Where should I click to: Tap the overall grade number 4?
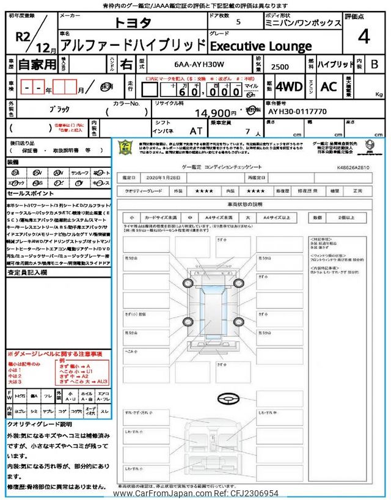click(x=364, y=37)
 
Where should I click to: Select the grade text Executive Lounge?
click(x=261, y=46)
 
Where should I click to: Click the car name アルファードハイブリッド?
click(x=134, y=45)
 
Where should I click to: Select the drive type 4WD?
click(x=290, y=87)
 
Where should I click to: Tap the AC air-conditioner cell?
click(x=328, y=87)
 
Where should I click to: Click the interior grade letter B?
click(x=375, y=63)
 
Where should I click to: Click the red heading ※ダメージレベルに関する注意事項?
click(x=55, y=353)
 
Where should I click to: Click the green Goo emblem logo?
click(x=125, y=148)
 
